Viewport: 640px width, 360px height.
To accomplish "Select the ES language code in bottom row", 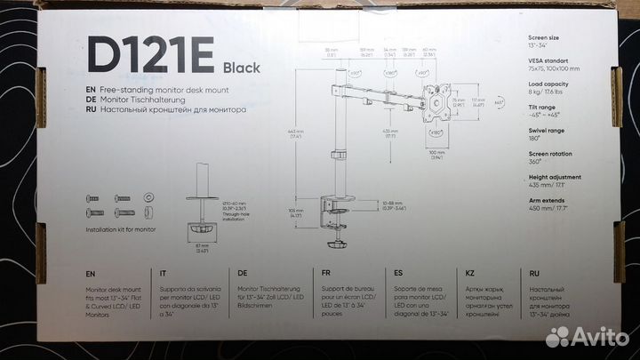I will point(396,275).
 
